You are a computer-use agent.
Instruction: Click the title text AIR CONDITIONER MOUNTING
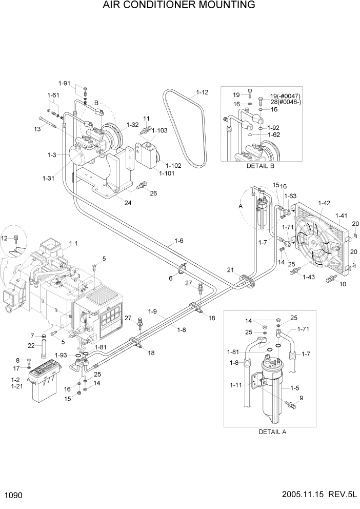pos(179,6)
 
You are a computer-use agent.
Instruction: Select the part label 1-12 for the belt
pos(202,93)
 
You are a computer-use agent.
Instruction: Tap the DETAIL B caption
pos(261,166)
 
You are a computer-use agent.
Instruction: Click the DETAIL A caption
pos(271,432)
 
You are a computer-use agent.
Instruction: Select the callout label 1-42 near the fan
pos(324,203)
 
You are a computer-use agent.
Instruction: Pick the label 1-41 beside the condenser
pos(342,216)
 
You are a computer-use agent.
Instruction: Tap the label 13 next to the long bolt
pos(37,129)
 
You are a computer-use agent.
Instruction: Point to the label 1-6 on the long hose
pos(179,240)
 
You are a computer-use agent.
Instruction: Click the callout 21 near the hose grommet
pos(230,270)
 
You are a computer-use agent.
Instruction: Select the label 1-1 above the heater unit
pos(73,244)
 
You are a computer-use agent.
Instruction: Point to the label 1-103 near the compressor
pos(161,130)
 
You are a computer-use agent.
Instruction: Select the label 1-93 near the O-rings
pos(61,355)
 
